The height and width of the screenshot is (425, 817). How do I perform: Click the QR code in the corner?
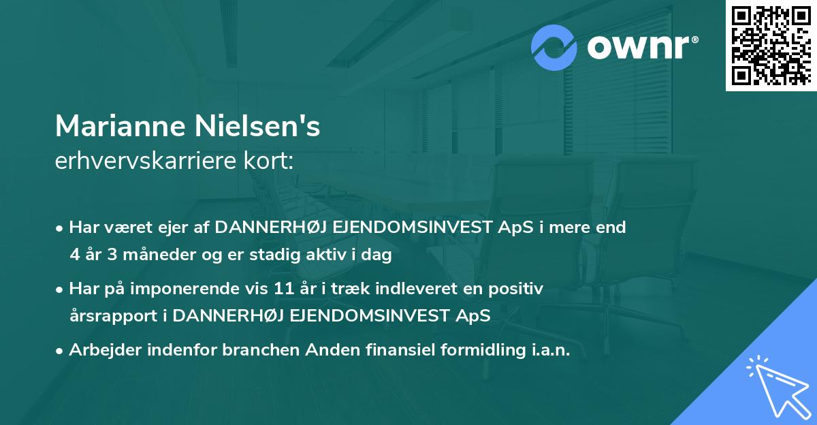point(771,46)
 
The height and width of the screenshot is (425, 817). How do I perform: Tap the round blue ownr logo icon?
point(554,48)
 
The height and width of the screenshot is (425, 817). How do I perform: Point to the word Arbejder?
point(101,350)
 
